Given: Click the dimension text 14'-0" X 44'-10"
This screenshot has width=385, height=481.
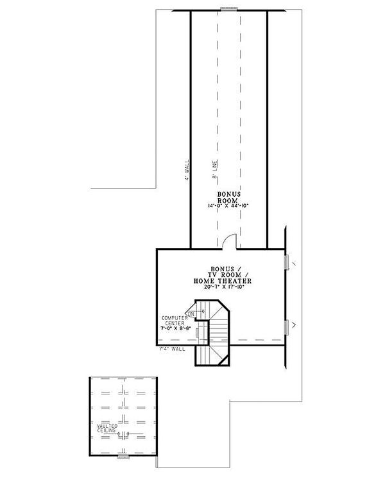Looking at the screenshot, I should [x=228, y=206].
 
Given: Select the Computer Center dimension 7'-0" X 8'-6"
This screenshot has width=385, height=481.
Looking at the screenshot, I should [x=176, y=328].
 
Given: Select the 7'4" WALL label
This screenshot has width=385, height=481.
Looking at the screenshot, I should [x=172, y=350].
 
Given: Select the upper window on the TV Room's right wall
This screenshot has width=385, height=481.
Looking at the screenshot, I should [x=286, y=262].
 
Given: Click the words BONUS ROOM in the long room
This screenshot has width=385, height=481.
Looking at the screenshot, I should [x=228, y=197].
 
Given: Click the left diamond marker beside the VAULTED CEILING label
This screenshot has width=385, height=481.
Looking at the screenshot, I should [x=120, y=434].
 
